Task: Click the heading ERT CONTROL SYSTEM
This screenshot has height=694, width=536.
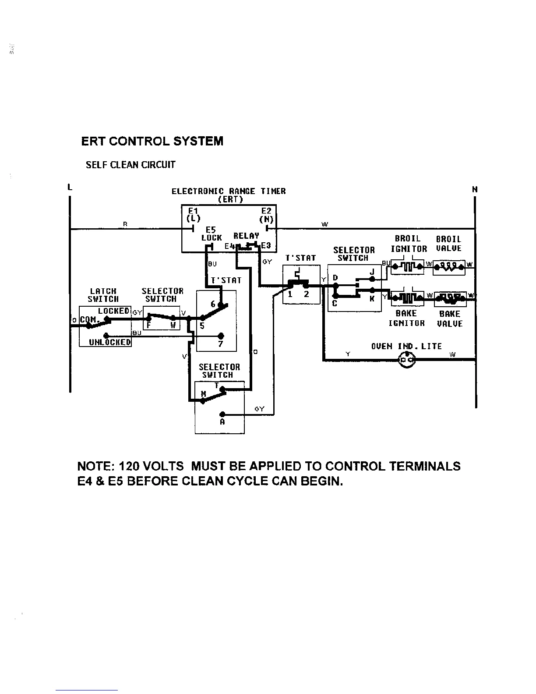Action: pos(152,142)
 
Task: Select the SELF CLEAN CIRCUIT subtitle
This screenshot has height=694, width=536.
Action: pos(130,165)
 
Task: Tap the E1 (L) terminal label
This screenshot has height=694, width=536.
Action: pos(193,214)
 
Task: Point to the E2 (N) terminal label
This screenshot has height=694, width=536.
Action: pos(266,215)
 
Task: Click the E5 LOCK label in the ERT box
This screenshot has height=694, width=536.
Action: pos(212,234)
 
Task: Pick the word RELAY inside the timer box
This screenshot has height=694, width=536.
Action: pos(246,236)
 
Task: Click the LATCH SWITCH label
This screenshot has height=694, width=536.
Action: pos(103,295)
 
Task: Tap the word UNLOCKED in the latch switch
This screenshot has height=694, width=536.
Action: pos(110,342)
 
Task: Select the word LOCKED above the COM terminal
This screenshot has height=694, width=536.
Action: pos(113,311)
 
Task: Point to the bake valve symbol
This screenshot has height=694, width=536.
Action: pos(450,298)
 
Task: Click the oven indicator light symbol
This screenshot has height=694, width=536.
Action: pos(407,360)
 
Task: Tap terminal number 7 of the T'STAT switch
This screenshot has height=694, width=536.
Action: pos(221,344)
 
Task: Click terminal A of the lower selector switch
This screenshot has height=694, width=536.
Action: pos(222,422)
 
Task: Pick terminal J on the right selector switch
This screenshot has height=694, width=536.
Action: pos(372,272)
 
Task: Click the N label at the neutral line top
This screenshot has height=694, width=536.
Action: pos(475,190)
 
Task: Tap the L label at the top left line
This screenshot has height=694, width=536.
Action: pos(70,188)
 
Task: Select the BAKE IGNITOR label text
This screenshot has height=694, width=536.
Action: pos(406,318)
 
